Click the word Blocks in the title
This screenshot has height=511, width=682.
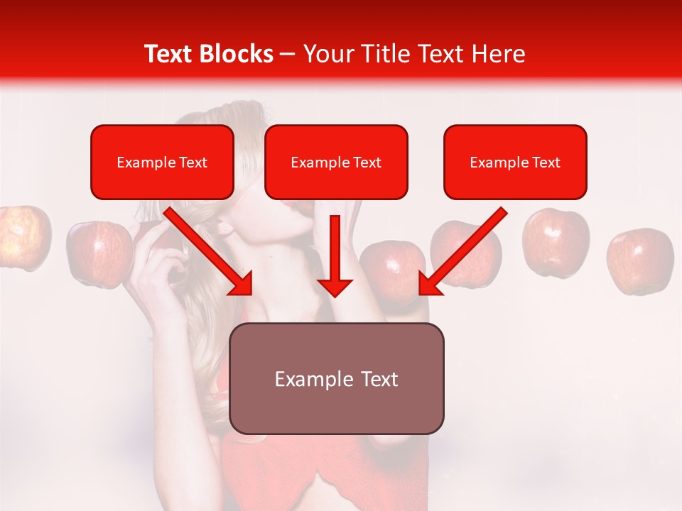coord(236,54)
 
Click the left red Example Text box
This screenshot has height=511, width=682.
coord(162,162)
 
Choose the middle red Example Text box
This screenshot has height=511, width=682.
coord(336,162)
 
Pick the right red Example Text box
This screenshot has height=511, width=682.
coord(515,162)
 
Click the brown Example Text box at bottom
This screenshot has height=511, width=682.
coord(336,378)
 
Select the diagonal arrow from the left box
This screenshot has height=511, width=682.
coord(210,252)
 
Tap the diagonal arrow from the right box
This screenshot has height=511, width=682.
coord(462,252)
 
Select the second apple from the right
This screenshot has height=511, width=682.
coord(556,242)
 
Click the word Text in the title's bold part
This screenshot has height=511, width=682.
coord(169,54)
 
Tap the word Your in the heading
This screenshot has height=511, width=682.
coord(326,54)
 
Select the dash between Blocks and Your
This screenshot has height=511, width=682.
coord(288,54)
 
